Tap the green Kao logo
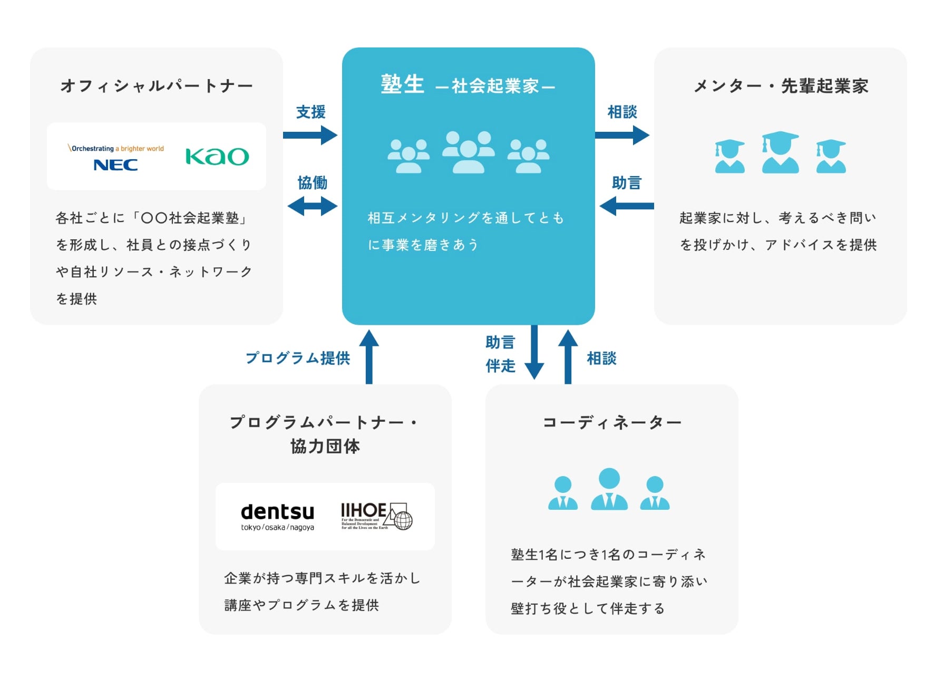point(217,157)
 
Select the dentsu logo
point(277,516)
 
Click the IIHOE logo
point(376,516)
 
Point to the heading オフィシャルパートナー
point(157,86)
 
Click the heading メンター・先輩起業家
point(781,86)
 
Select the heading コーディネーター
point(612,422)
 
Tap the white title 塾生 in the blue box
point(403,84)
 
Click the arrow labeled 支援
point(310,135)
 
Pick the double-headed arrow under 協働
point(313,206)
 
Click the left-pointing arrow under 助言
point(626,206)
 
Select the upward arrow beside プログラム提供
point(369,357)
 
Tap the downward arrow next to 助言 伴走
point(534,352)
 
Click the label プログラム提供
point(298,358)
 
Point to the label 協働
point(313,183)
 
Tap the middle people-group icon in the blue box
point(468,152)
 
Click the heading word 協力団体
point(325,446)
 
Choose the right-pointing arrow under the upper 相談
point(622,135)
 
